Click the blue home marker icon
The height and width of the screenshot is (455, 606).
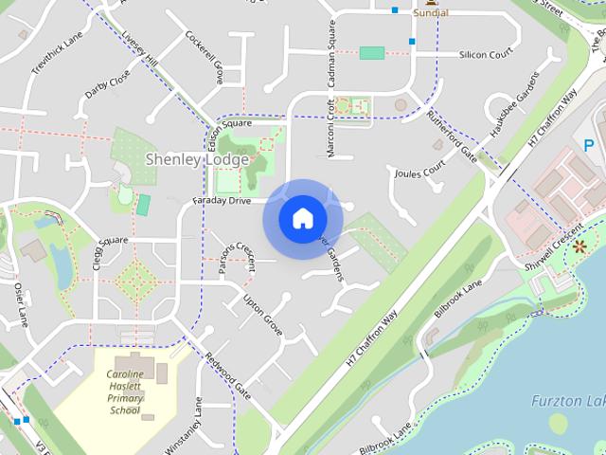click(302, 219)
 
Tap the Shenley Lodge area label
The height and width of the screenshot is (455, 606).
click(197, 159)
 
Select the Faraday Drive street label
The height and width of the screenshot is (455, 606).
click(223, 202)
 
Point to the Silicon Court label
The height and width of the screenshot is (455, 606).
click(485, 55)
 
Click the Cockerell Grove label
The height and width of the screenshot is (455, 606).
click(204, 58)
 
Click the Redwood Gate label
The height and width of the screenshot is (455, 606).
click(228, 375)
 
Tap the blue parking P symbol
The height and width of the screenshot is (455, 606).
click(589, 146)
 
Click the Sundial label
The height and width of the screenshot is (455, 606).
click(431, 14)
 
